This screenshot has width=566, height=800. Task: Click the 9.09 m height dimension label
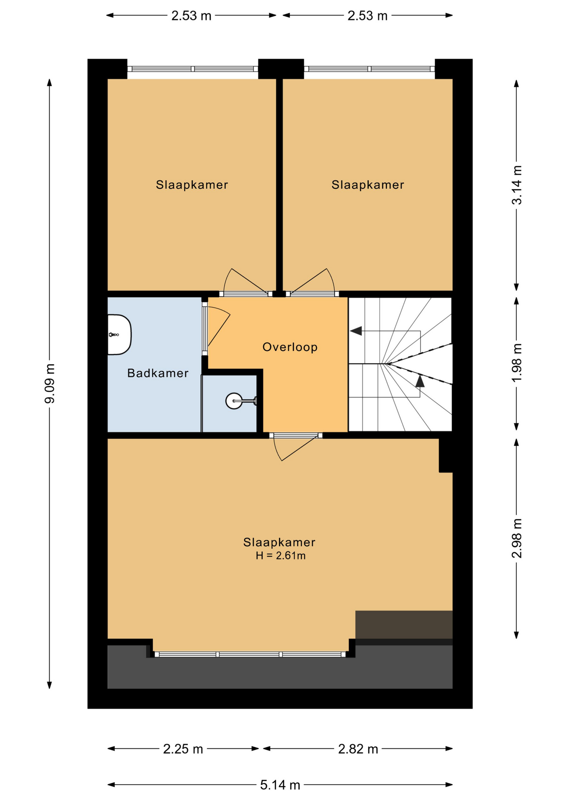(x=50, y=383)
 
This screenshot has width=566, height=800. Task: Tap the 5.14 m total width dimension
(x=280, y=785)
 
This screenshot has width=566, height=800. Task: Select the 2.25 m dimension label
(x=183, y=749)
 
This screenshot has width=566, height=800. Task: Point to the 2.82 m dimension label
(x=358, y=749)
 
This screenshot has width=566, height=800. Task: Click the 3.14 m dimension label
(x=517, y=185)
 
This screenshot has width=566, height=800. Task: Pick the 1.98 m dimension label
(x=517, y=362)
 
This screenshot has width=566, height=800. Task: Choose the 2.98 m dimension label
(x=517, y=538)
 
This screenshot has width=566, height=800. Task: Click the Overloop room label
(x=290, y=347)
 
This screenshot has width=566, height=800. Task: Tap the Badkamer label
(x=158, y=373)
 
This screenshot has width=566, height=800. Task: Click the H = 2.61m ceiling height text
(x=280, y=555)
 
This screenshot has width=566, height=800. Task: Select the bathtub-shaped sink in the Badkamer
(x=120, y=335)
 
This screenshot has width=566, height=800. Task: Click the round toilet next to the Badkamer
(x=240, y=401)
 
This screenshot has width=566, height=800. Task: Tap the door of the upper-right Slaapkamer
(x=312, y=283)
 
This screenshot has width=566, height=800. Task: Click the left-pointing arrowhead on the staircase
(x=356, y=331)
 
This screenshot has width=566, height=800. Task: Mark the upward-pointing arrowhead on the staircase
(x=420, y=381)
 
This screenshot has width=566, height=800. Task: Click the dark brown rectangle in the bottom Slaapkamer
(x=404, y=624)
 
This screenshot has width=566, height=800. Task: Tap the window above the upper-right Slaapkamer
(x=369, y=69)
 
